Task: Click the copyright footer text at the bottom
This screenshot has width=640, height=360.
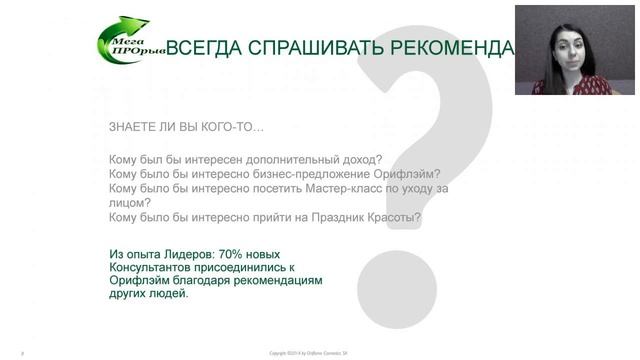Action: pyautogui.click(x=309, y=353)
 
